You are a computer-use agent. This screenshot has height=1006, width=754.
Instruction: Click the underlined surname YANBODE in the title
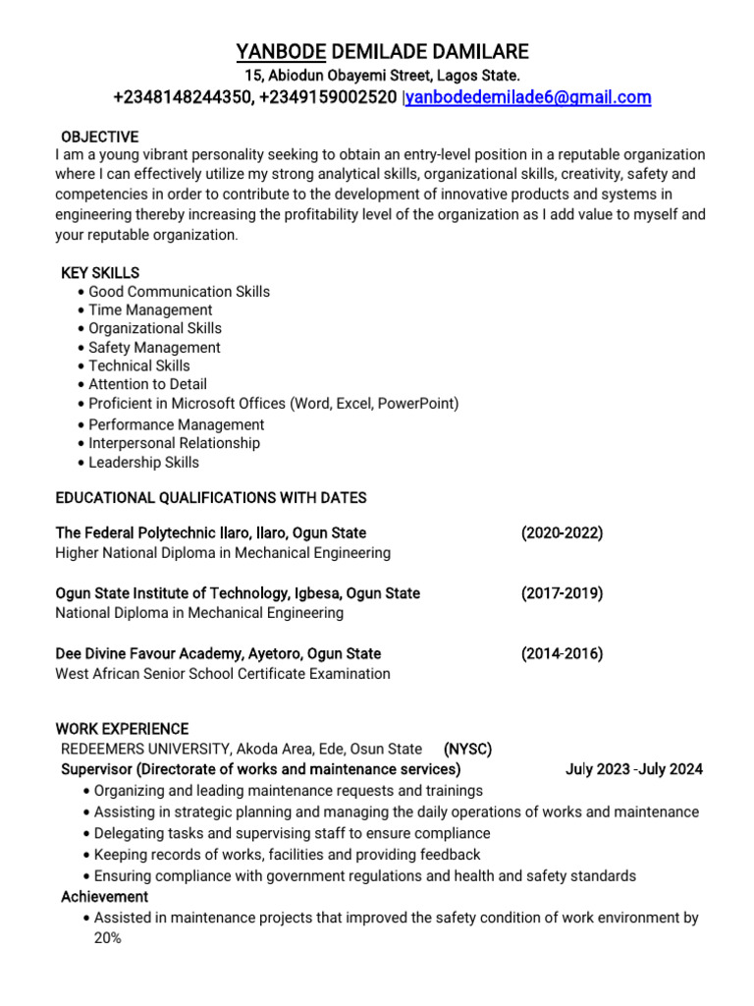[281, 52]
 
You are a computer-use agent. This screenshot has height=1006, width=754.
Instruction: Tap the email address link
[528, 97]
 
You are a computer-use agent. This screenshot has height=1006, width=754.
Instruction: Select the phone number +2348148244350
[183, 97]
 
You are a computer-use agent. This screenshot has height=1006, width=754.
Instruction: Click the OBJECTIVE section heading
[99, 137]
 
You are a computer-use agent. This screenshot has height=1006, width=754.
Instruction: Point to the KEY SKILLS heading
[100, 272]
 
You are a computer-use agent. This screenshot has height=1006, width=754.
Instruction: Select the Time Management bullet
[150, 309]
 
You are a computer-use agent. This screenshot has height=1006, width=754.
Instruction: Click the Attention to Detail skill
[147, 384]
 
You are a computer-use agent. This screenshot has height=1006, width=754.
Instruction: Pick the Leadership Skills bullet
[143, 462]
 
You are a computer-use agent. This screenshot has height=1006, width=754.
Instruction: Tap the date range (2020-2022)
[562, 532]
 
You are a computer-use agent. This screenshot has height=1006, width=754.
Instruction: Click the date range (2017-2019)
[562, 593]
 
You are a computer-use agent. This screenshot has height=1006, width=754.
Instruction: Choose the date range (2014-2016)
[562, 653]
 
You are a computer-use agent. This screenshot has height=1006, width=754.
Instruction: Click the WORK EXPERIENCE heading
[122, 729]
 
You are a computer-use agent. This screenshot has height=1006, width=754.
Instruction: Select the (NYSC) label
[467, 749]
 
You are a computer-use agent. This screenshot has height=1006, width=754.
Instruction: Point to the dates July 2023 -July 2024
[633, 769]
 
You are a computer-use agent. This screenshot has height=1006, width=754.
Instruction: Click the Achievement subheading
[105, 897]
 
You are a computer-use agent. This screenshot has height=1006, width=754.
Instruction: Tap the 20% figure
[107, 938]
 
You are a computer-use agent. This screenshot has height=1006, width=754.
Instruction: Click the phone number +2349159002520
[328, 97]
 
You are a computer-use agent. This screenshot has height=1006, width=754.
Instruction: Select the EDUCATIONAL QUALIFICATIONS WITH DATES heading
[211, 498]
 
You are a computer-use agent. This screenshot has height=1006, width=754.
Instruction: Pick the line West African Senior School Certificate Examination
[223, 674]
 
